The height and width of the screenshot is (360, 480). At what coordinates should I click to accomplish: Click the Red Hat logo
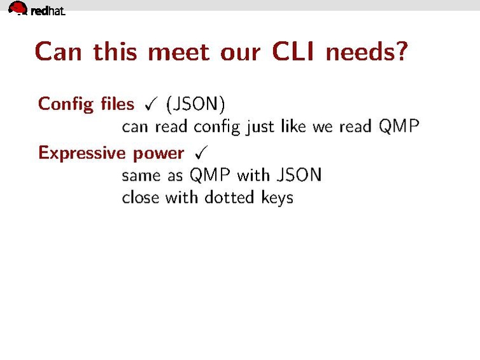37,9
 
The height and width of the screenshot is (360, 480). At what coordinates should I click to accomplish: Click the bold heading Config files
86,104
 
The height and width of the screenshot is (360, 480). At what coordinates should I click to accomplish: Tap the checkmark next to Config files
150,103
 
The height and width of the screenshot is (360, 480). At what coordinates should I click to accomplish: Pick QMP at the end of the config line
399,126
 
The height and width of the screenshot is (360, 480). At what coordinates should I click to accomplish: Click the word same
141,174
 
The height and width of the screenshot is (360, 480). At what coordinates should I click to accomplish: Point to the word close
141,197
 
